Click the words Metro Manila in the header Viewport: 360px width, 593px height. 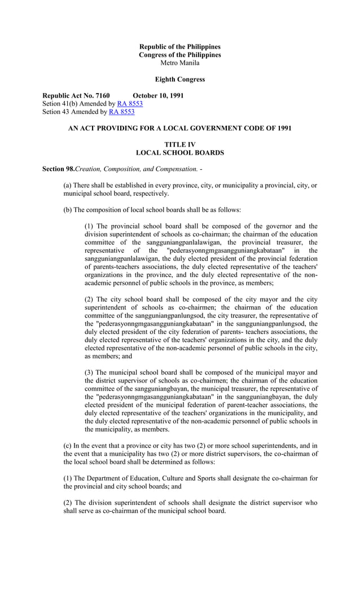coord(180,63)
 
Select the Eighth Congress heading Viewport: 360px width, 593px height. coord(180,80)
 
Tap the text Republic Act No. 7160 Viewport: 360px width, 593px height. coord(76,95)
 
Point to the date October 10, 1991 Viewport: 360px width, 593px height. coord(158,95)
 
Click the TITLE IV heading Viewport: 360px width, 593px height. coord(180,145)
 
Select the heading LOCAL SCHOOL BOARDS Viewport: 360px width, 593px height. coord(180,153)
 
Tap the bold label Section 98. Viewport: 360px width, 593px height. coord(59,169)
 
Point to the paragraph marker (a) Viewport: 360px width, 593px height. coord(68,186)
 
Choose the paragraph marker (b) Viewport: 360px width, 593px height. coord(68,210)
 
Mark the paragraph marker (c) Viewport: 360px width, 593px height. coord(68,454)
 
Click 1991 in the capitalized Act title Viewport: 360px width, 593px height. coord(283,129)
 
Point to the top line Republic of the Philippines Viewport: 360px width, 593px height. coord(180,46)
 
